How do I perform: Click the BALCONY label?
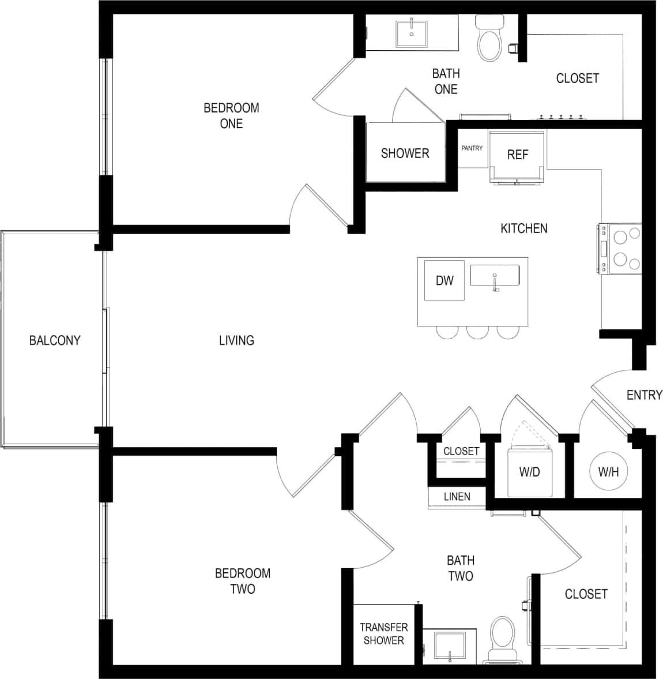tap(55, 340)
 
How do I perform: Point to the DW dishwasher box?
tap(444, 280)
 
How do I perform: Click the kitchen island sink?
tap(494, 276)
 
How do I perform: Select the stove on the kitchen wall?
tap(620, 249)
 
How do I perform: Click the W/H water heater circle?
tap(608, 472)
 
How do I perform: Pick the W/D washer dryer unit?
tap(529, 472)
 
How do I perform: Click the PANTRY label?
tap(472, 148)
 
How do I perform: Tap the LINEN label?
tap(457, 496)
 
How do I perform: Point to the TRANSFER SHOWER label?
tap(383, 633)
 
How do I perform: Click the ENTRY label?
tap(644, 395)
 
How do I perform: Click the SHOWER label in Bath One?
tap(405, 153)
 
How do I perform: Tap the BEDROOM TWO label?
tap(243, 581)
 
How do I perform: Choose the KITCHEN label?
tap(523, 228)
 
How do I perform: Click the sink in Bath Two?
tap(449, 646)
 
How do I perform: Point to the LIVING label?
tap(236, 340)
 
